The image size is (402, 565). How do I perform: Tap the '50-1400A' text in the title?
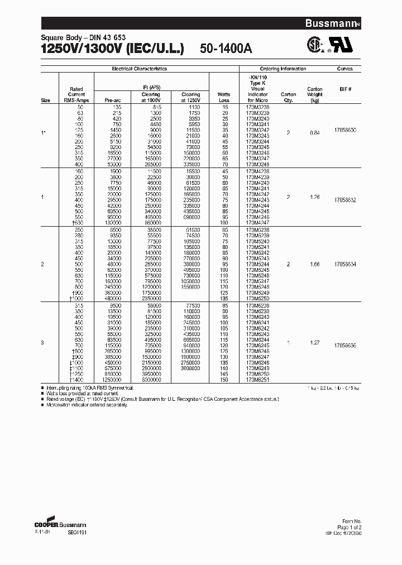point(226,49)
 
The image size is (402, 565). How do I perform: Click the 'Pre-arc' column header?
point(113,100)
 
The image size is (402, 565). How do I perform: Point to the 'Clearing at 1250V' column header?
point(190,98)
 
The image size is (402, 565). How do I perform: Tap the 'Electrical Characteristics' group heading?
point(140,69)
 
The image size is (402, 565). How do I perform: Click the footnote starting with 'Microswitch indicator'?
point(87,405)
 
